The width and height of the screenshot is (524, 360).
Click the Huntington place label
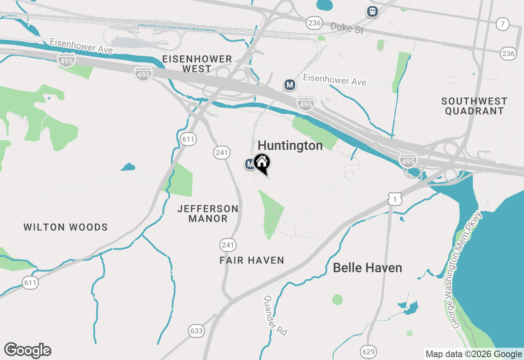click(290, 146)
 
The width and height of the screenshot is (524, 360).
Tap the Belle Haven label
click(367, 268)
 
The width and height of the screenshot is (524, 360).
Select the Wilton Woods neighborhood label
click(65, 227)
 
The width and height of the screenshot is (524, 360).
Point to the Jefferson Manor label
click(208, 214)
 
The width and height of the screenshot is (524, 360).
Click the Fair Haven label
click(252, 261)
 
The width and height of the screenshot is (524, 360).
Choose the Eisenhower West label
click(197, 64)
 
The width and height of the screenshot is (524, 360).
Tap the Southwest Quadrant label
click(474, 106)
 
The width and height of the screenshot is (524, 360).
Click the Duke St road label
click(347, 28)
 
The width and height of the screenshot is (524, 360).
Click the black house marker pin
click(262, 163)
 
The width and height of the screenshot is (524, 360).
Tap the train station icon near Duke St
click(372, 11)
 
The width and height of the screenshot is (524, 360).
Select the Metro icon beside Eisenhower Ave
click(290, 85)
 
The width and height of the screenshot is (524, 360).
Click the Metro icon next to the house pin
click(250, 164)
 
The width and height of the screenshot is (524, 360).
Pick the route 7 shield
click(502, 24)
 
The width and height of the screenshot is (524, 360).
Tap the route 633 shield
click(196, 331)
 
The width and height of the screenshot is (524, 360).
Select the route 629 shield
click(368, 351)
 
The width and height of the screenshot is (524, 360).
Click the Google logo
click(28, 351)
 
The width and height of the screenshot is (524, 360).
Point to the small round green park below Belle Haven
click(337, 299)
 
